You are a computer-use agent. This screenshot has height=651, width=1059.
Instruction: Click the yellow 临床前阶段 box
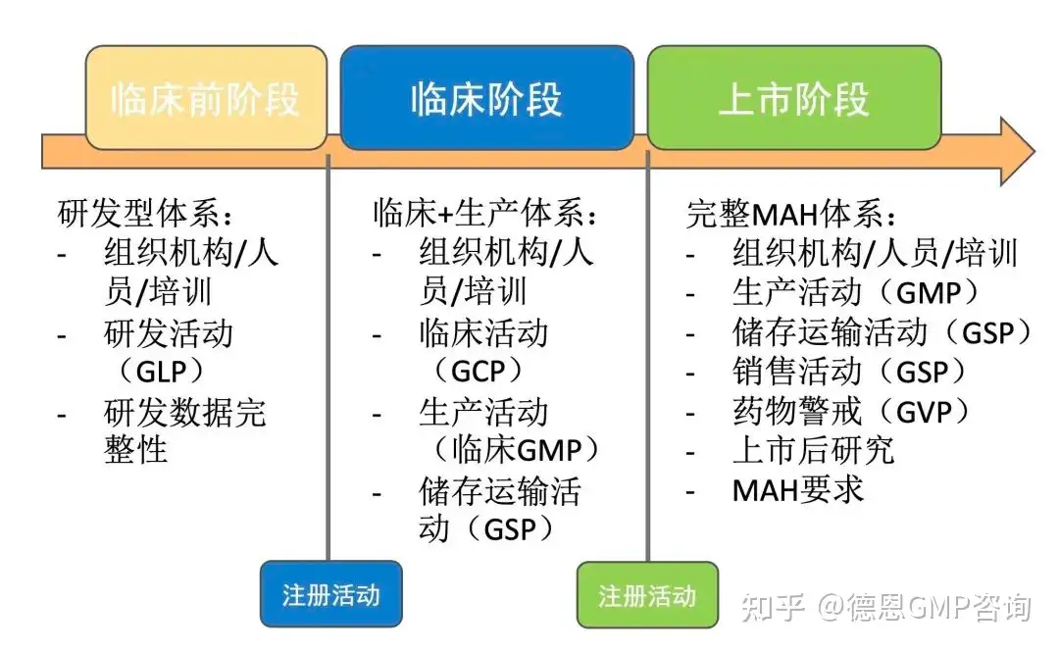pos(206,98)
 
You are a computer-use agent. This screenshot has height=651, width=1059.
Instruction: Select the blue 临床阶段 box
pos(487,98)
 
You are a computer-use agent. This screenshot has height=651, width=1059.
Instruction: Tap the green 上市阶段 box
pos(794,98)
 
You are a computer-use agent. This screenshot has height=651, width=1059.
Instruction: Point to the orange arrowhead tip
pos(1034,151)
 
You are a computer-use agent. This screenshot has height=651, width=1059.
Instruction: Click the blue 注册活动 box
pos(331,594)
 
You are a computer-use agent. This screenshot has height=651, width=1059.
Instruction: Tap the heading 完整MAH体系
pos(791,215)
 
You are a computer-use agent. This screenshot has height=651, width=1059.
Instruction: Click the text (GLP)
pos(162,372)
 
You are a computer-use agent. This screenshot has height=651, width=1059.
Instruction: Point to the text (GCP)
pos(478,372)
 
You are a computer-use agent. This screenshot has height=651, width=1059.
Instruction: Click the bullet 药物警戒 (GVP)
pos(852,412)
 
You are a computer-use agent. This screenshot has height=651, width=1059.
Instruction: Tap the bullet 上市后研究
pos(813,450)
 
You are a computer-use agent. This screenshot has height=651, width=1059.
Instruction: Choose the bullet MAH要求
pos(797,490)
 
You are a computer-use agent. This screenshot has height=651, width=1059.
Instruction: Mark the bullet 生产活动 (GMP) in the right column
pos(856,292)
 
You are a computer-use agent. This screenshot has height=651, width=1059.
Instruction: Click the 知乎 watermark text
pos(774,607)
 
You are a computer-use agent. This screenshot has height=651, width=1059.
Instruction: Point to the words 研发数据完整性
pos(185,430)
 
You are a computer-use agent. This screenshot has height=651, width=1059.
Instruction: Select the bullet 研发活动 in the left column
pos(169,333)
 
